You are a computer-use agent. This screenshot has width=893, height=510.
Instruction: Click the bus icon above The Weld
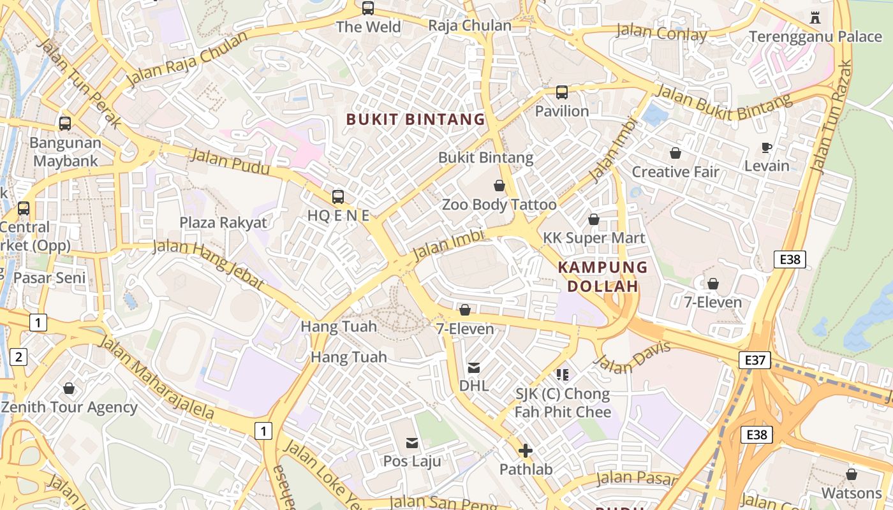pos(368,8)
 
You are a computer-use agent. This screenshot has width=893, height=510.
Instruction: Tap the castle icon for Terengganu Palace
pos(815,17)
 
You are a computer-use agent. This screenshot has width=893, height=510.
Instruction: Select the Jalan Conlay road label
pos(661,33)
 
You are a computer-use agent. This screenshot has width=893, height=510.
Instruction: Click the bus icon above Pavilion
pos(561,92)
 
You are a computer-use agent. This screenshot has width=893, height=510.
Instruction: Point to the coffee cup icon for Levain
pos(767,148)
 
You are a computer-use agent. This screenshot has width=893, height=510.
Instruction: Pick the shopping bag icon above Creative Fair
pos(675,153)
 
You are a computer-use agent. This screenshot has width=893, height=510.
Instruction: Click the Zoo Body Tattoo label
pos(499,205)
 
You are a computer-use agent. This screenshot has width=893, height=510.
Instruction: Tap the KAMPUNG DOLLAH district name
pos(603,277)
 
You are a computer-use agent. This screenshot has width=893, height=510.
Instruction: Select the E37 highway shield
pos(755,360)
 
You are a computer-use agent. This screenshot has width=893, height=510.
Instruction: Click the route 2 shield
pos(18,357)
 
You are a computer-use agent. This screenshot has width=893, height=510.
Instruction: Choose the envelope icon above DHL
pos(474,368)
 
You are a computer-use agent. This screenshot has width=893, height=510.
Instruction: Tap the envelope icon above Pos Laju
pos(412,442)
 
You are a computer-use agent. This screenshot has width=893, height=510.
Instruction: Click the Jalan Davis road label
pos(632,356)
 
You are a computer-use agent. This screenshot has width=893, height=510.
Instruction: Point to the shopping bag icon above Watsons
pos(851,474)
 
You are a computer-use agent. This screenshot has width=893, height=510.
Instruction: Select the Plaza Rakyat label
pos(223,222)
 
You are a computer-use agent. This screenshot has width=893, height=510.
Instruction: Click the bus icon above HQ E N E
pos(338,197)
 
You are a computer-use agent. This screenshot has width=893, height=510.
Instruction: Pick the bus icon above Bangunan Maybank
pos(65,124)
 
